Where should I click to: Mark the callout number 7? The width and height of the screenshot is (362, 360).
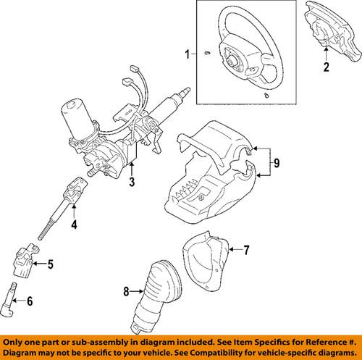[x=245, y=251]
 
